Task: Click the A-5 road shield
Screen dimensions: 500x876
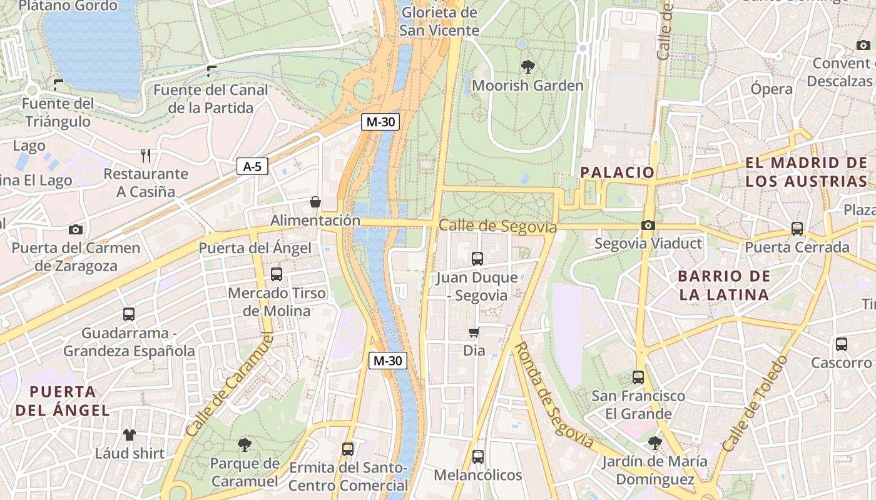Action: pos(253,167)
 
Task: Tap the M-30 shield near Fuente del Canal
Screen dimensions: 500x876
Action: pos(380,122)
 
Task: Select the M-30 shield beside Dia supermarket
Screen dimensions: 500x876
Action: pos(388,361)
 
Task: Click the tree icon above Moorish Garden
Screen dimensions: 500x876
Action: pos(528,66)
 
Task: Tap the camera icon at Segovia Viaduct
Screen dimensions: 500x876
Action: pos(648,225)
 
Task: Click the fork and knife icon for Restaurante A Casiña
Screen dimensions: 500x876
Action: pos(146,156)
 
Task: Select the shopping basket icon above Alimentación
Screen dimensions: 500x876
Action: pos(315,202)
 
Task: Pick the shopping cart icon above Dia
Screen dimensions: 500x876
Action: pos(474,332)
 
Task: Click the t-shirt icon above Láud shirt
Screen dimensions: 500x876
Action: pos(130,435)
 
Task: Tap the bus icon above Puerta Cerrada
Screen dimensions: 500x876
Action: pos(797,229)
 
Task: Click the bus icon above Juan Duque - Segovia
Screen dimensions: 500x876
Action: pos(477,258)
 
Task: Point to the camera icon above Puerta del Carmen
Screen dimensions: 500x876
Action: pos(76,229)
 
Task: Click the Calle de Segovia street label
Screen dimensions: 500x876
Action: pos(497,226)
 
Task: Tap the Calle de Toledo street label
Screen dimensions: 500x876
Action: pos(755,404)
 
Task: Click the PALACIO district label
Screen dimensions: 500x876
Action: pos(617,172)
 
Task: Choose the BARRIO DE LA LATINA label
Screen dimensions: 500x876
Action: pos(723,285)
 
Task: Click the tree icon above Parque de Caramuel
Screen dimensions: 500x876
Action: pos(244,445)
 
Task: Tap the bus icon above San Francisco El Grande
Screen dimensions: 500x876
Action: pos(638,377)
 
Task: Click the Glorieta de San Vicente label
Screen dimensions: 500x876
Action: pos(439,21)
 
